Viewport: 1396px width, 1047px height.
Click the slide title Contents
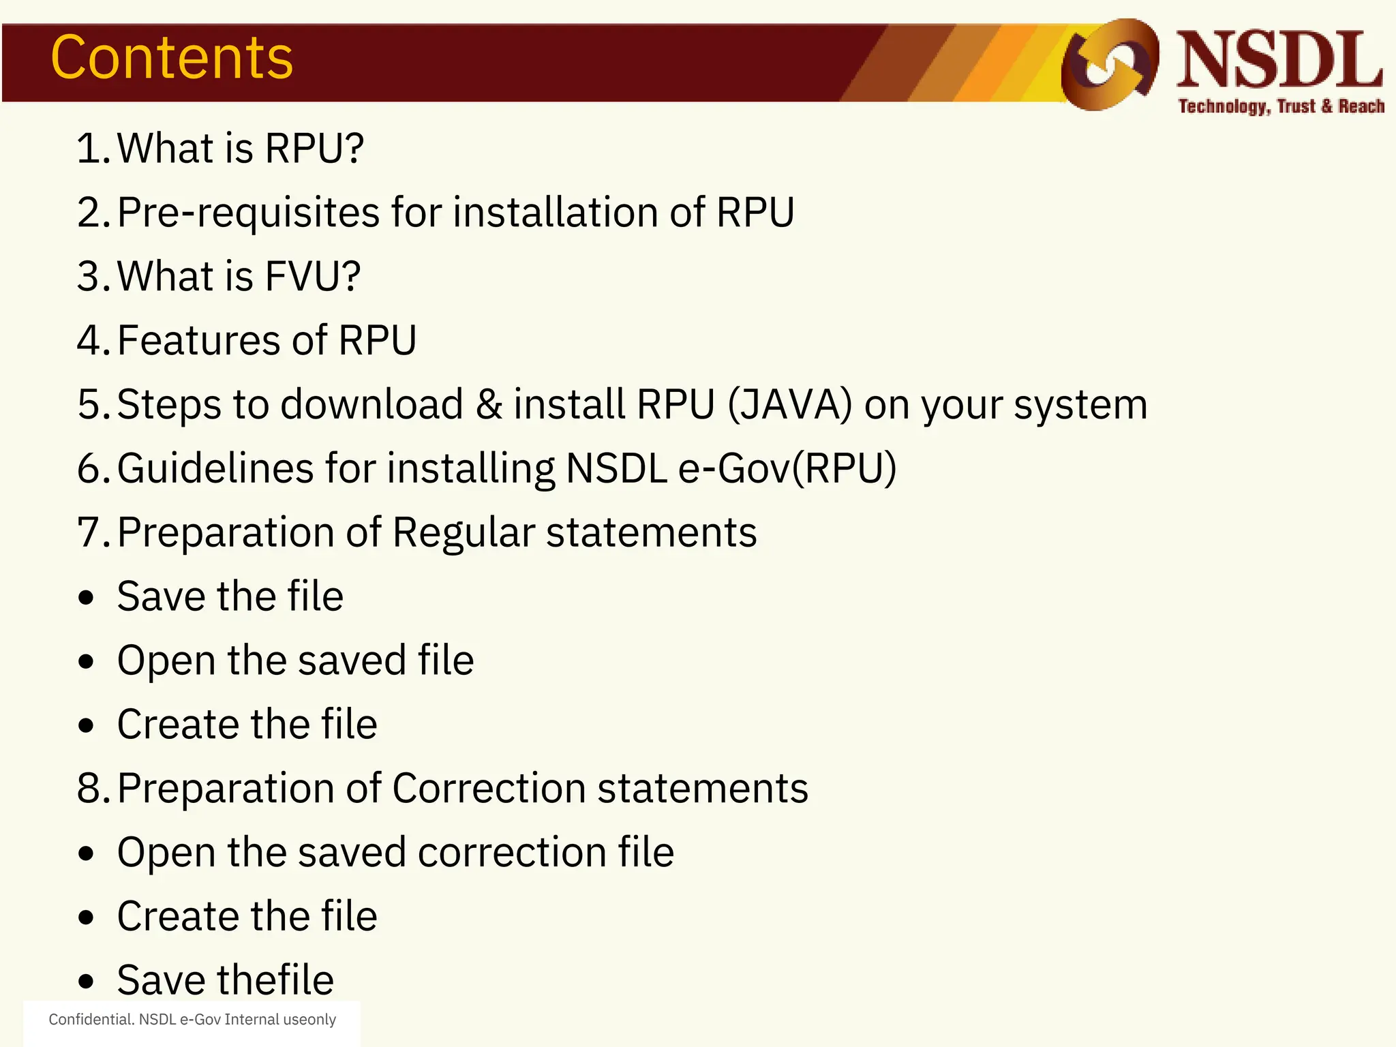pos(172,59)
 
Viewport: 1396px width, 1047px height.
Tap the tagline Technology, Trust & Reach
pos(1281,107)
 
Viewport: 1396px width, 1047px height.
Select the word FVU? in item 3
pos(313,277)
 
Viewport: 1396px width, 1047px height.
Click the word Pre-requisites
pos(248,213)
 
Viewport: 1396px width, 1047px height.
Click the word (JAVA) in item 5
pos(789,404)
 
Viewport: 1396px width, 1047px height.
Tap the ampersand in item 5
pos(489,404)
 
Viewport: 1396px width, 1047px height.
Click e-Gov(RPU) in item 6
pos(787,468)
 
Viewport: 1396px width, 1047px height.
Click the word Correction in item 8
pos(489,789)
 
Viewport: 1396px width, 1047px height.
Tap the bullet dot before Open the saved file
pos(86,662)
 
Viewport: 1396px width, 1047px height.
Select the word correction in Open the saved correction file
pos(512,853)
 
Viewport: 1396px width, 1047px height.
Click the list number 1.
pos(91,149)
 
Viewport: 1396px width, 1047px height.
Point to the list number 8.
pos(91,789)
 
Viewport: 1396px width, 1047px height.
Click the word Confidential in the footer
pos(91,1020)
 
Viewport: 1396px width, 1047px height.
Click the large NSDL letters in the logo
pos(1279,61)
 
